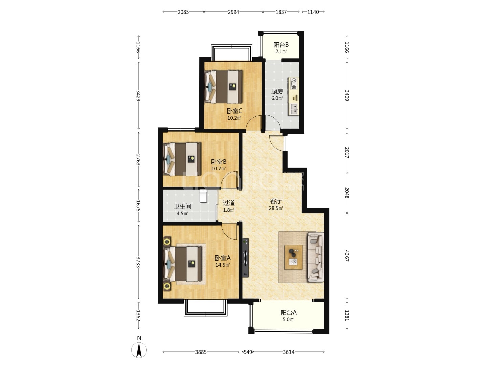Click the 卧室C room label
[234, 111]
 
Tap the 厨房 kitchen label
[277, 91]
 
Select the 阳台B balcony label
[281, 45]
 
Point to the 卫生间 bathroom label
[182, 206]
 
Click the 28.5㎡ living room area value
[276, 208]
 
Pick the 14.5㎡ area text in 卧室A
[223, 265]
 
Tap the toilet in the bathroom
[203, 196]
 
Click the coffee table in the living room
[294, 257]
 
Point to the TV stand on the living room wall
[246, 258]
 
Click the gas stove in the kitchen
[294, 84]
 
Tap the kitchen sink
[294, 109]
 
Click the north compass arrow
[139, 350]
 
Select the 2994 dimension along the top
[233, 12]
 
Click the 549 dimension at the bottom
[248, 352]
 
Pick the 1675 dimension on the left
[138, 206]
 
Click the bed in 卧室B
[182, 159]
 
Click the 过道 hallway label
[229, 203]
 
